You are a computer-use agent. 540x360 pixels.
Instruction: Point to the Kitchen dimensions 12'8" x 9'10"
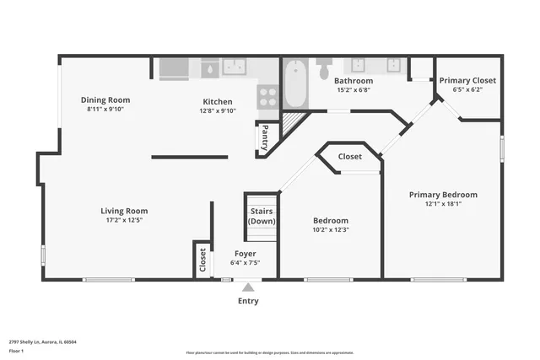[x=218, y=110]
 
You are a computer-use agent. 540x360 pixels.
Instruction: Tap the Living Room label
[x=124, y=211]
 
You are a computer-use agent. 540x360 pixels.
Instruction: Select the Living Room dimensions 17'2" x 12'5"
[x=124, y=221]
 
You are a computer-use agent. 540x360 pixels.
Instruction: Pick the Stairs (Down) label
[x=262, y=216]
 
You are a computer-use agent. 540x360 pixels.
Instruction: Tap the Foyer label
[x=245, y=253]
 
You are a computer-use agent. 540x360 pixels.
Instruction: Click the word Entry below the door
[x=248, y=301]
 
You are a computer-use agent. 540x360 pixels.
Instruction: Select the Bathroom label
[x=354, y=81]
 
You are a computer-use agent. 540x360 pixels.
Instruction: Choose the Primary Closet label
[x=468, y=80]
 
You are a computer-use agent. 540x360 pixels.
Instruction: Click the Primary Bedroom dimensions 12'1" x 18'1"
[x=443, y=204]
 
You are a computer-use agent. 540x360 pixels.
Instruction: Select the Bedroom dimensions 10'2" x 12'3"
[x=330, y=229]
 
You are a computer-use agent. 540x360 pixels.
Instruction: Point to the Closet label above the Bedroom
[x=350, y=157]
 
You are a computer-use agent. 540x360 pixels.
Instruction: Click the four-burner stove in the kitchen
[x=267, y=97]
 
